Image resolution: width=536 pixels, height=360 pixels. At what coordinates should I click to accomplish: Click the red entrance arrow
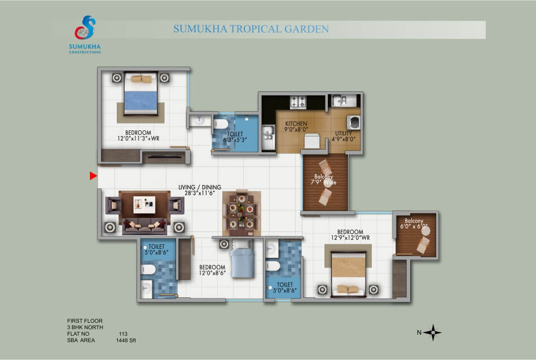(93, 175)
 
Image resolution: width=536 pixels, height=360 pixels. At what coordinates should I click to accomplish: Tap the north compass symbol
(433, 332)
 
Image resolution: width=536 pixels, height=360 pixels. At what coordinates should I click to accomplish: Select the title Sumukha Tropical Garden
(251, 29)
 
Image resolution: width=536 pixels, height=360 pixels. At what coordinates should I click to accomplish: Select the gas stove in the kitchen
(298, 102)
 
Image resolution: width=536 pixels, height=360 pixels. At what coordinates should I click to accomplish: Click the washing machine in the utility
(353, 122)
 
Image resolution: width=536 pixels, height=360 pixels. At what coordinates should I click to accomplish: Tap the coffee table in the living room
(144, 205)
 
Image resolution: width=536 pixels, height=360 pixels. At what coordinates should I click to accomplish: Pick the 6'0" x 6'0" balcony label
(414, 223)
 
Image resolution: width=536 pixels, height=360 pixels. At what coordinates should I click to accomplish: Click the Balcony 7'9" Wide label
(323, 179)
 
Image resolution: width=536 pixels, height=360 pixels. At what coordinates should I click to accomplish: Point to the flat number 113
(123, 333)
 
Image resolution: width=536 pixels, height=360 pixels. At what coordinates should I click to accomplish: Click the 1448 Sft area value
(126, 340)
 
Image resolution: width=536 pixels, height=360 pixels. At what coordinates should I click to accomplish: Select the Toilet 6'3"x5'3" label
(235, 137)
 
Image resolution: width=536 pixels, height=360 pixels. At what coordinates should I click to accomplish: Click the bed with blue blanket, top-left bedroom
(141, 93)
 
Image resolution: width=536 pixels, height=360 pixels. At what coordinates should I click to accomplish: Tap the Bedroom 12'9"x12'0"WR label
(350, 235)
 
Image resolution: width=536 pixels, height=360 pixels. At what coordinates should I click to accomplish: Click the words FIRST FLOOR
(85, 321)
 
